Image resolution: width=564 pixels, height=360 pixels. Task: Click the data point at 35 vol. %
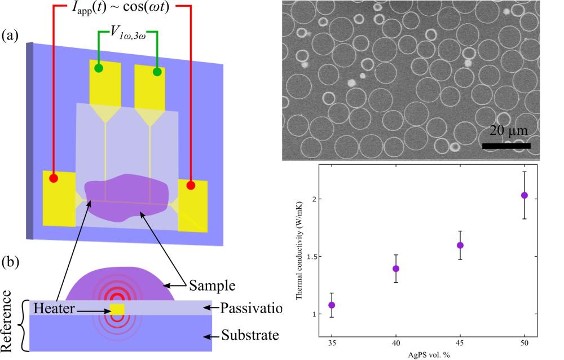pyautogui.click(x=332, y=305)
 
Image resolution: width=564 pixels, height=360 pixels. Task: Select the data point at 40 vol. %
pyautogui.click(x=396, y=269)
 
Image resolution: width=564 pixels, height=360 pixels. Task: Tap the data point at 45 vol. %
pyautogui.click(x=460, y=245)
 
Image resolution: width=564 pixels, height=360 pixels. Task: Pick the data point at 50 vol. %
pyautogui.click(x=525, y=195)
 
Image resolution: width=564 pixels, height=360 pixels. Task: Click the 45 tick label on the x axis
pyautogui.click(x=460, y=343)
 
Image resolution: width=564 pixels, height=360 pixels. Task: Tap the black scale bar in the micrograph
pyautogui.click(x=506, y=146)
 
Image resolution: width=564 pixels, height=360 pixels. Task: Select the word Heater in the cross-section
pyautogui.click(x=55, y=308)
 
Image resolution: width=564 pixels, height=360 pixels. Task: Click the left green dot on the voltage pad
pyautogui.click(x=99, y=68)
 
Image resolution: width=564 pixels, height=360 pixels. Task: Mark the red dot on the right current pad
pyautogui.click(x=191, y=185)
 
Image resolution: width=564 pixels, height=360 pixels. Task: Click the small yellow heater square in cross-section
pyautogui.click(x=117, y=309)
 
